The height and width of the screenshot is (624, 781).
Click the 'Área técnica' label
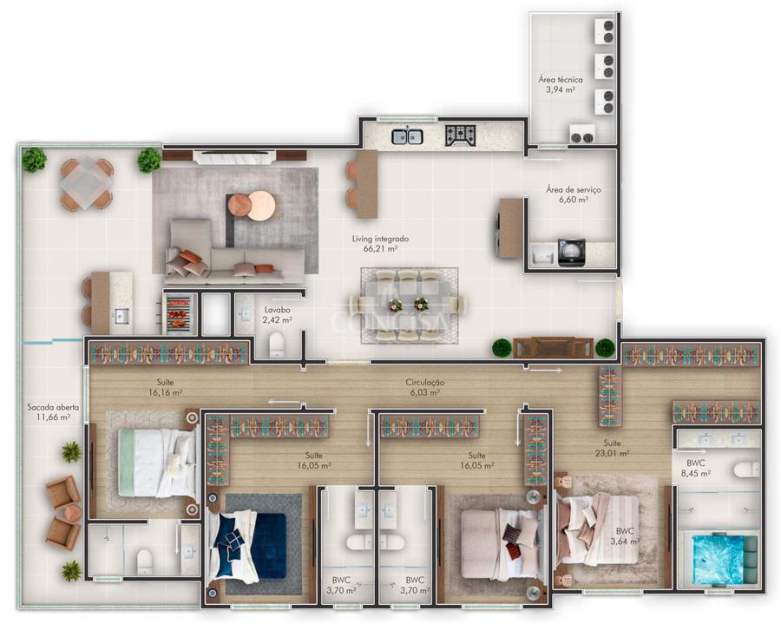561,79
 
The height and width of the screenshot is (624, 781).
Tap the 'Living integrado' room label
380,239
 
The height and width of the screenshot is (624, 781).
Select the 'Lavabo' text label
278,310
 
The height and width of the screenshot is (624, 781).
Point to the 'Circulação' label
425,383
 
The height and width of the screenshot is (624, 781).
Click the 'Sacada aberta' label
53,407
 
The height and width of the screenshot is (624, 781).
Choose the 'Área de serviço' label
574,190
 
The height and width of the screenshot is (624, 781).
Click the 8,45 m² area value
699,474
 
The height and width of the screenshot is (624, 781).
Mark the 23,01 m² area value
612,453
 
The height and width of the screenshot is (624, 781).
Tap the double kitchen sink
408,136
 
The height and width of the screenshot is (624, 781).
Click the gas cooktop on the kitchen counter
461,135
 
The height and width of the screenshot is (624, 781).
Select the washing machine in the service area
572,253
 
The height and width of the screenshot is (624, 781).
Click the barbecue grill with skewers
178,312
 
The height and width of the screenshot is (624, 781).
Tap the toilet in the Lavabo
276,345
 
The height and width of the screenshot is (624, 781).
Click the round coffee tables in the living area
252,205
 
